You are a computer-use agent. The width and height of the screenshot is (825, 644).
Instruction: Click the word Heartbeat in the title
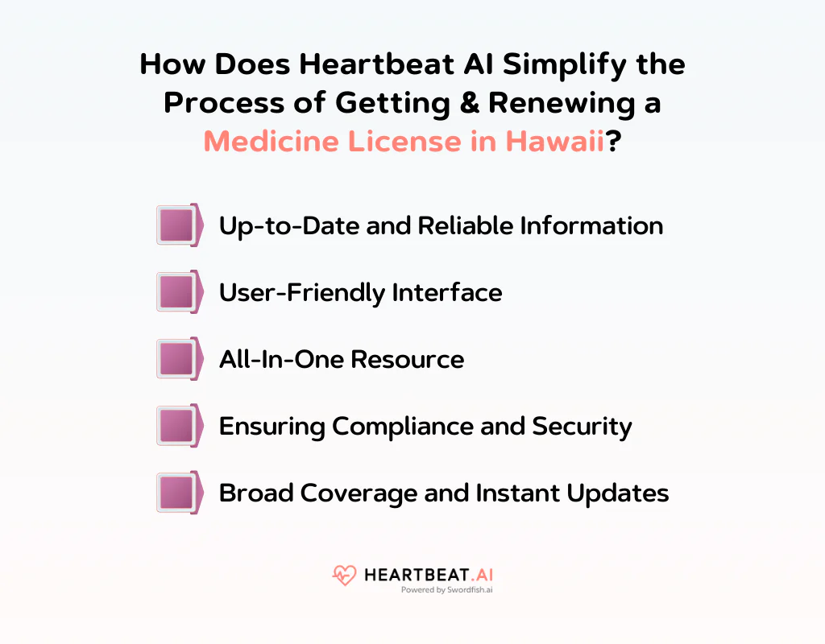pos(349,64)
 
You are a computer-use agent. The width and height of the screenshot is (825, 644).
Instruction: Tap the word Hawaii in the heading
pos(555,141)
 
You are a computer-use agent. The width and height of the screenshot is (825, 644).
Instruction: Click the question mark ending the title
pos(613,141)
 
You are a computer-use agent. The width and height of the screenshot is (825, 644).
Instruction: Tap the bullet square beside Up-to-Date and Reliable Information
pos(176,225)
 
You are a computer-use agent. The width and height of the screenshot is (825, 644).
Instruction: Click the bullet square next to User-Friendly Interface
pos(176,292)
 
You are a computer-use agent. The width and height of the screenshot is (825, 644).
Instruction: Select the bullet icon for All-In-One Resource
pos(176,359)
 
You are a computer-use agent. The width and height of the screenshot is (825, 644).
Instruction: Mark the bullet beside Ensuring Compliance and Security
pos(176,426)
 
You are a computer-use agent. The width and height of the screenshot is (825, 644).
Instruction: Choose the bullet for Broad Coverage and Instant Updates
pos(176,493)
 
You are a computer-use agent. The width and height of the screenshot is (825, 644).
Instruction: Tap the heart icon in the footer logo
pos(344,576)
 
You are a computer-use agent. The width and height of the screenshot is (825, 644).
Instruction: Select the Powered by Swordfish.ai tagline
pos(448,589)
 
